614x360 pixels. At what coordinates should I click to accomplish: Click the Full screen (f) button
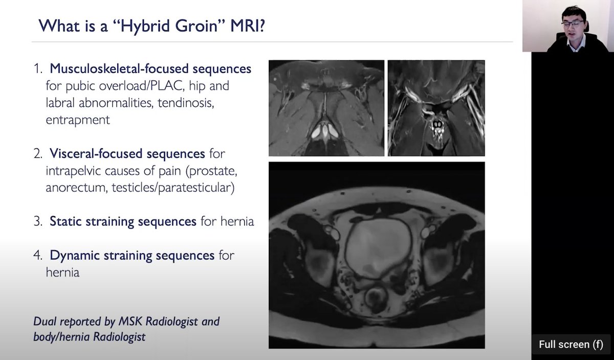(x=571, y=344)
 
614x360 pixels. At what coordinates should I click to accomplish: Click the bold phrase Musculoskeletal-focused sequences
(x=150, y=68)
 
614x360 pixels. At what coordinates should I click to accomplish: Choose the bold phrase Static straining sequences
(x=123, y=221)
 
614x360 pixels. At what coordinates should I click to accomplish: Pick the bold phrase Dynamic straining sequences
(x=131, y=255)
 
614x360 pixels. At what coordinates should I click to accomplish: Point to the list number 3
(x=39, y=222)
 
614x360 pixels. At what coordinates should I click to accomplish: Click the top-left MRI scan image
(x=326, y=108)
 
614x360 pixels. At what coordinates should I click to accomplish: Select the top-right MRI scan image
(x=436, y=108)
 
